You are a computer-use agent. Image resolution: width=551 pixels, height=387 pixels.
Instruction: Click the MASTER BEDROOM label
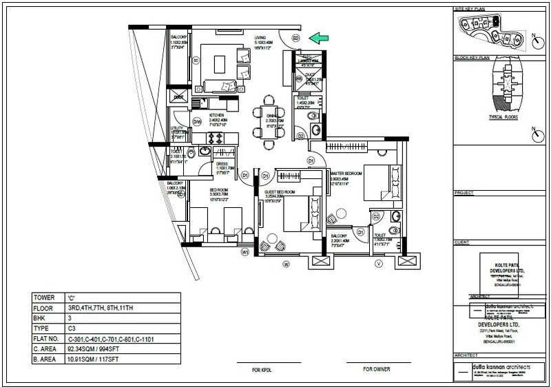pos(346,174)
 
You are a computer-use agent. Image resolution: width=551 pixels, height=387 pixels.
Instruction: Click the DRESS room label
pos(222,163)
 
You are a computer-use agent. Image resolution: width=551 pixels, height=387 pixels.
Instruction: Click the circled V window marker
pos(378,263)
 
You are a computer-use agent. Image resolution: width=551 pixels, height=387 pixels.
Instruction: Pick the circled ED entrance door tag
pos(295,39)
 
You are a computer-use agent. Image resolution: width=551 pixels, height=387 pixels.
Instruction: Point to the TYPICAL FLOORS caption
pos(503,117)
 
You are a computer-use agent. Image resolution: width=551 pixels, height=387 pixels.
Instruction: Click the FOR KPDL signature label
pos(264,370)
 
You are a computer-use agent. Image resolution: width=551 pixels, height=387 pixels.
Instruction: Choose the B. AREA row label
pos(45,359)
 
